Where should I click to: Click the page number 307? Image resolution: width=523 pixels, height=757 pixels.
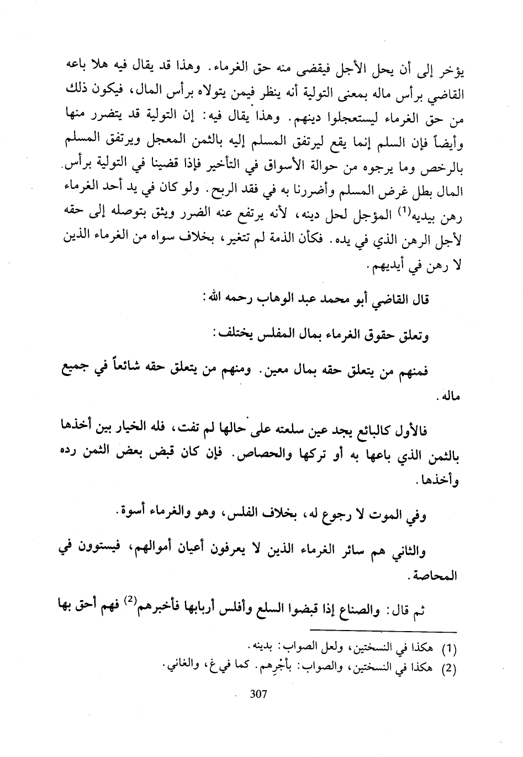tap(258, 694)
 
